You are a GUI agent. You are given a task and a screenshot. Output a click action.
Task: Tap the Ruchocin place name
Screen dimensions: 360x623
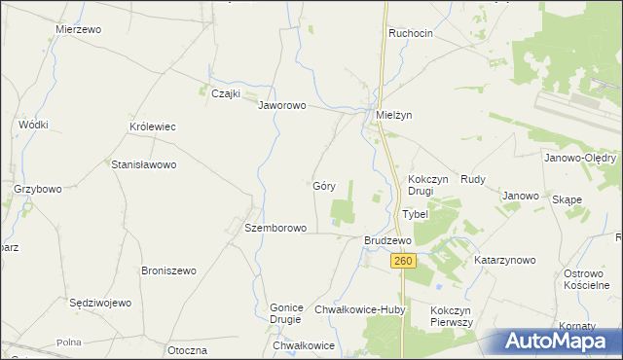pos(410,33)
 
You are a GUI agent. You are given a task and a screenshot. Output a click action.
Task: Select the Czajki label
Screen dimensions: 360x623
pos(227,93)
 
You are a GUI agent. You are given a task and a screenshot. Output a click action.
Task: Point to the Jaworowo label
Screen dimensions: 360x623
pos(282,106)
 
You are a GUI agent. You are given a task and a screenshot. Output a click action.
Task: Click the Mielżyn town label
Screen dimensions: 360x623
pos(394,115)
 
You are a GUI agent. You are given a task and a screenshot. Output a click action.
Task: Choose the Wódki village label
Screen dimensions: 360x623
pos(34,125)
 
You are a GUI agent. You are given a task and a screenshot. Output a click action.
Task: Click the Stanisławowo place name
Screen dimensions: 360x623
pos(144,165)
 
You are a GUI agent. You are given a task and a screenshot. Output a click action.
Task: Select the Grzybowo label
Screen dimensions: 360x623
pos(38,189)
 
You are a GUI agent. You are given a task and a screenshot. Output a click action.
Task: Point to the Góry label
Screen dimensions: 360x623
pos(324,185)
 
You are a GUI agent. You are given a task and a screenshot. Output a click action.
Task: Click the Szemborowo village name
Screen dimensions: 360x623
pos(275,228)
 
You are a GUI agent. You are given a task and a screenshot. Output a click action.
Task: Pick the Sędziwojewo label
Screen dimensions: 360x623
pos(100,303)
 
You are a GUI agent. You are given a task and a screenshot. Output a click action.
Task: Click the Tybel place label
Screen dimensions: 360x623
pos(415,214)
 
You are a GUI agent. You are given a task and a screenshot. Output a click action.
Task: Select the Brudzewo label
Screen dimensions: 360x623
pos(387,239)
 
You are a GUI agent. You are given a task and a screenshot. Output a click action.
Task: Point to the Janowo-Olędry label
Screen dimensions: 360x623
pos(579,158)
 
